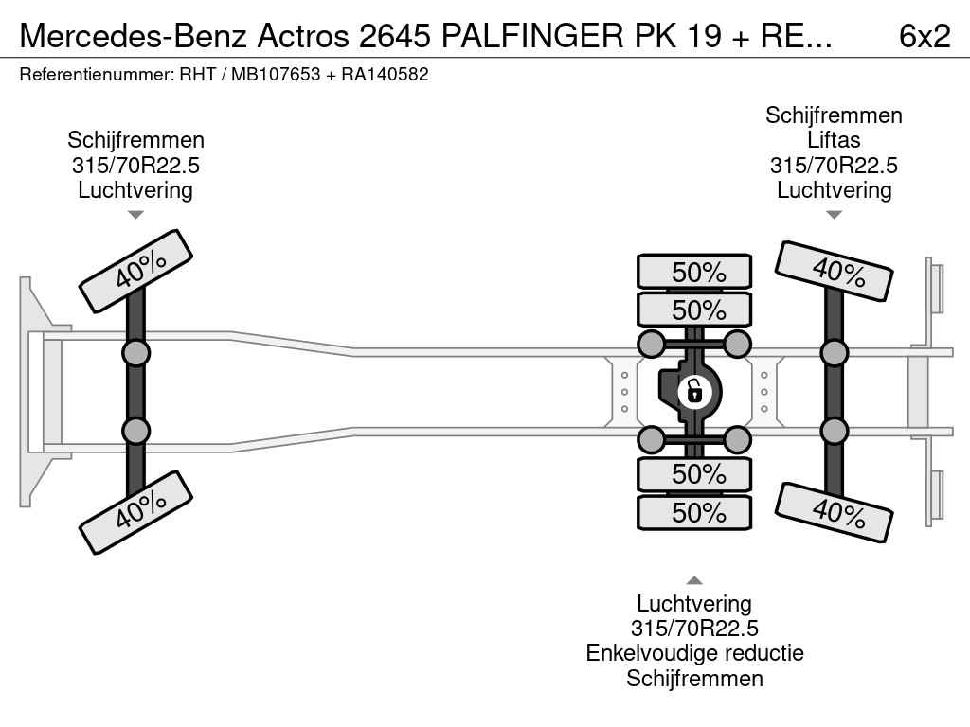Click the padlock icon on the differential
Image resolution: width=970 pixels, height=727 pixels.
point(694,390)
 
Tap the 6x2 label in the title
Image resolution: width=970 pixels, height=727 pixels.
point(924,36)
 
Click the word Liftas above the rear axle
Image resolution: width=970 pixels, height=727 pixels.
point(834,140)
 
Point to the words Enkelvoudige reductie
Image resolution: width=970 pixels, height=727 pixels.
point(694,653)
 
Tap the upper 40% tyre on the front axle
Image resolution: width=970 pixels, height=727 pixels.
point(135,270)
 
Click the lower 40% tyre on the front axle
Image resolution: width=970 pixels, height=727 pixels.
point(135,511)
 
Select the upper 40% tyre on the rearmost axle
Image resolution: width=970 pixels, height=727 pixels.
point(834,270)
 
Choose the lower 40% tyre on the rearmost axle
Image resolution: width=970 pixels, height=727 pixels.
point(834,511)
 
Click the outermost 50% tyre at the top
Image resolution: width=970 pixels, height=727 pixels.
point(694,272)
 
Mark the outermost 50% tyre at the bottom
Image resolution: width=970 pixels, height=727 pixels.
point(694,513)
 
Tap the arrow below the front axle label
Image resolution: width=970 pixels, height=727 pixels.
point(135,215)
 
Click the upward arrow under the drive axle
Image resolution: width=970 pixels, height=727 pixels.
point(694,580)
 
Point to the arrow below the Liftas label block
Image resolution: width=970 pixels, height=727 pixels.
point(834,215)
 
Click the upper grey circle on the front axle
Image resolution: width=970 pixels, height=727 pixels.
point(135,353)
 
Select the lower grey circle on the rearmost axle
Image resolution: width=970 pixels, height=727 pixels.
point(834,431)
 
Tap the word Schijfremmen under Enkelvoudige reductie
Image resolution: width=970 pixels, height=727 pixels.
point(694,678)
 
